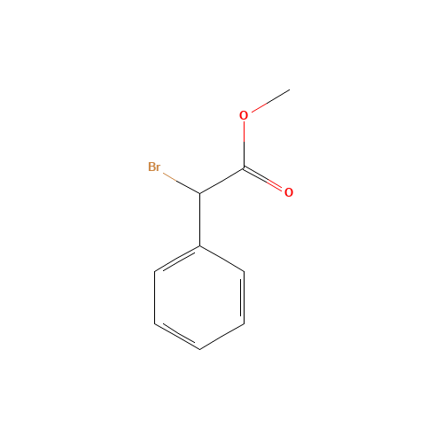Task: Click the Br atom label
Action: tap(154, 167)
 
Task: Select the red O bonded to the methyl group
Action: tap(244, 115)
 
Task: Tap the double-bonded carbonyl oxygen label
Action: tap(289, 192)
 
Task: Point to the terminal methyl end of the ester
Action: tap(290, 89)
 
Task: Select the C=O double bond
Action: tap(262, 179)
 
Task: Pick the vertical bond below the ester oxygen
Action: tap(244, 144)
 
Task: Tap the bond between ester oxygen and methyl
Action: tap(270, 101)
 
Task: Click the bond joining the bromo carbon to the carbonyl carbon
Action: tap(221, 181)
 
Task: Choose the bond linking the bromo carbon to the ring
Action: tap(200, 220)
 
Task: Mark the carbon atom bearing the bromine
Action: tap(200, 193)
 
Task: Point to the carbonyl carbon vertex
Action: tap(244, 168)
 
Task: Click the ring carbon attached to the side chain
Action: tap(200, 245)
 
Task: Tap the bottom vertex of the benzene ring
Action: tap(200, 349)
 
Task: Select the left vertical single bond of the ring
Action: tap(155, 298)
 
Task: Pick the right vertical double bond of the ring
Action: tap(243, 298)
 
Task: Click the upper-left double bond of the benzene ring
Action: tap(178, 260)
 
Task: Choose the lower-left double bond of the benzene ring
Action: tap(178, 336)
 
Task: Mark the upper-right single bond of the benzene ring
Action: tap(222, 259)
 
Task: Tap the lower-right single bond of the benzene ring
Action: tap(222, 337)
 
